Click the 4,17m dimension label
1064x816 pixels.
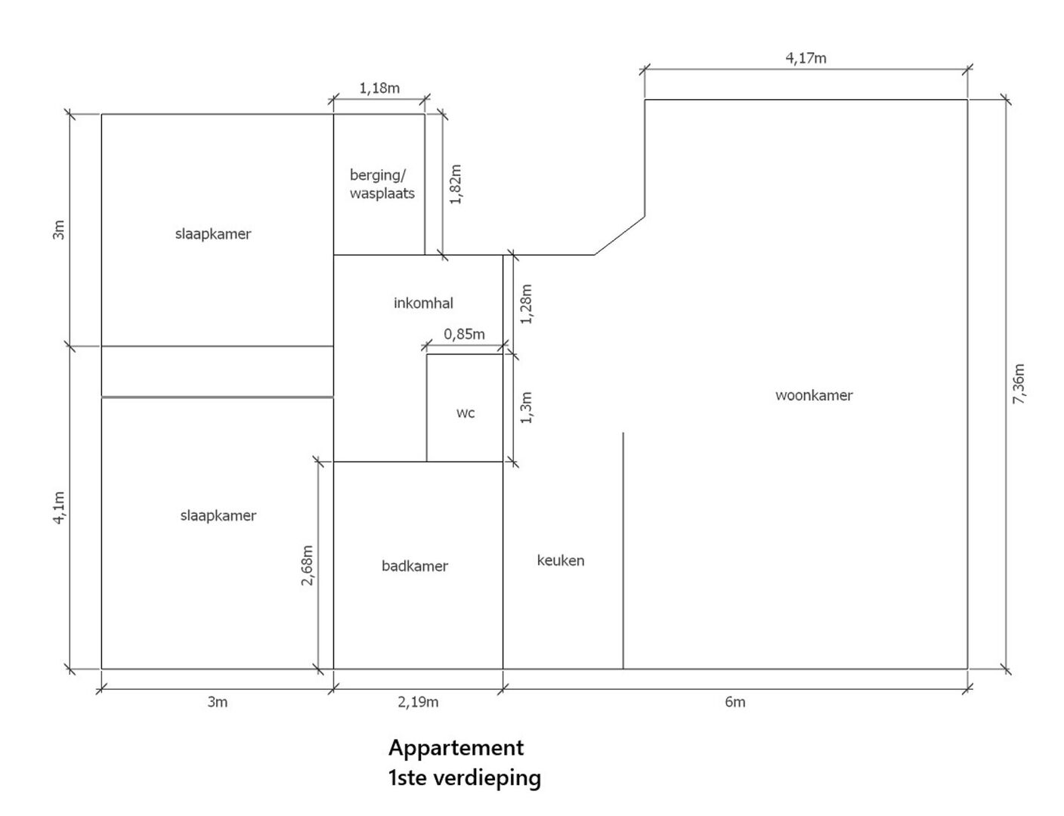[x=806, y=58]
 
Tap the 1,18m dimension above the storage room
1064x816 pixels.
[x=379, y=88]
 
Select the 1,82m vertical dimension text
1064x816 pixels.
[x=456, y=184]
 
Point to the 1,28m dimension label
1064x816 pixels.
[x=527, y=304]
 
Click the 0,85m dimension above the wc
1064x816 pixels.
[x=464, y=334]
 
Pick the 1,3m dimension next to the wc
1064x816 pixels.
[x=527, y=408]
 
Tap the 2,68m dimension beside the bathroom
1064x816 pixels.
[x=307, y=565]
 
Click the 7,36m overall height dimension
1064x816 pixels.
[x=1019, y=384]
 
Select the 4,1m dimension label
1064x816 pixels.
[x=59, y=508]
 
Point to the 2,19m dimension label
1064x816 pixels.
[x=418, y=703]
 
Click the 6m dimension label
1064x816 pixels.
[x=735, y=703]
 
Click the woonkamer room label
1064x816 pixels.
[x=814, y=395]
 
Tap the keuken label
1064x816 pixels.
[x=561, y=561]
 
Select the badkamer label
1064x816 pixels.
[x=415, y=567]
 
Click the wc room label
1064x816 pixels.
[x=466, y=413]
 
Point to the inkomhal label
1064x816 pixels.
[x=423, y=304]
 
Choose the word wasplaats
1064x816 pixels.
[x=382, y=194]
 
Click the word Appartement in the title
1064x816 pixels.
[x=456, y=749]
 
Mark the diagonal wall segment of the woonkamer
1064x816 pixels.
[x=620, y=235]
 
